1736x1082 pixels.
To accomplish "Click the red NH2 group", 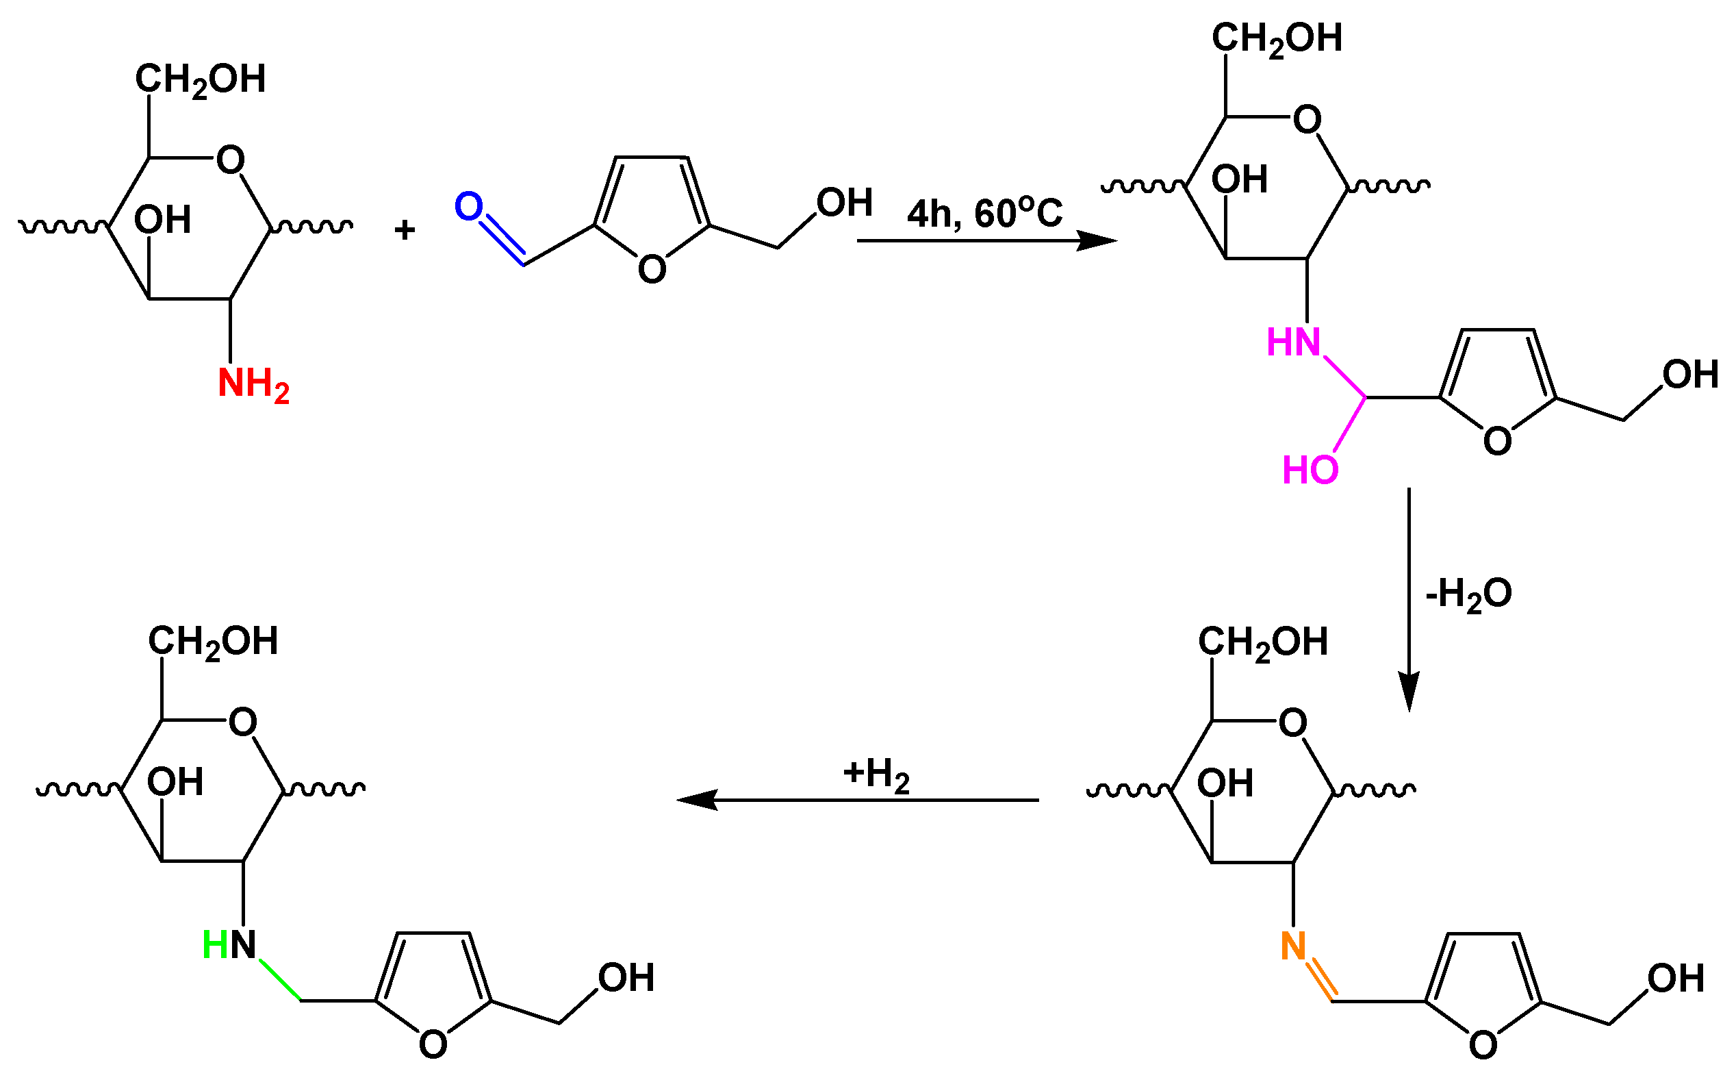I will (x=253, y=384).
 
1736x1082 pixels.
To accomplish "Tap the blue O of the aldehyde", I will (x=469, y=207).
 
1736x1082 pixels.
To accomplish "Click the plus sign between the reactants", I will (x=405, y=230).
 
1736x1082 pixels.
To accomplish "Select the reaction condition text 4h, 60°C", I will (x=984, y=213).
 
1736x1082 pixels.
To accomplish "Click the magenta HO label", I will (x=1310, y=471).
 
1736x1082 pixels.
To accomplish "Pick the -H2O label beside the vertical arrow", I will (x=1468, y=594).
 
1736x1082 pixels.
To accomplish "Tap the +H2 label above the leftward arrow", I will (x=876, y=775).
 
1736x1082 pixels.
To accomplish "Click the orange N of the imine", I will (x=1293, y=946).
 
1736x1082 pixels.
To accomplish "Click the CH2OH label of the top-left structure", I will (x=201, y=79).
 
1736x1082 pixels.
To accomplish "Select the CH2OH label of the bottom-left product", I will (x=213, y=642).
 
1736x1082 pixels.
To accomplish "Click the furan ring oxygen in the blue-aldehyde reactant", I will (x=652, y=270).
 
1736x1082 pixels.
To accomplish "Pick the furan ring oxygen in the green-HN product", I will (x=433, y=1046).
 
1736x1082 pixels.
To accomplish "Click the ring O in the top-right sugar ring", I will (x=1307, y=121).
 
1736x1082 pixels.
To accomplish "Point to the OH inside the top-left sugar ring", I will (x=162, y=221).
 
